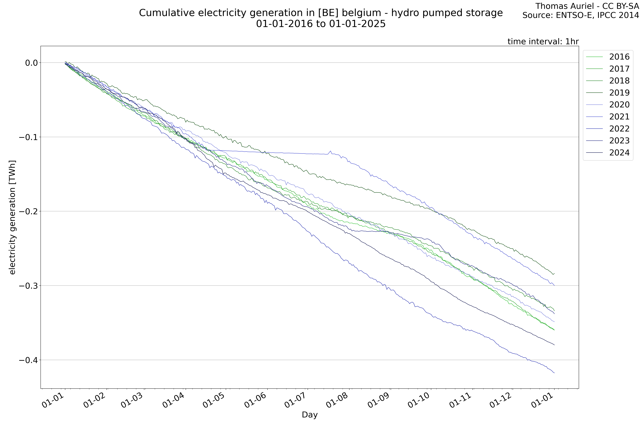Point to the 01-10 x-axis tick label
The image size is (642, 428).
[419, 403]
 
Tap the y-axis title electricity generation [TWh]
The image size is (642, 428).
[12, 217]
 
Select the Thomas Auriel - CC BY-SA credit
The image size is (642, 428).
[587, 6]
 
